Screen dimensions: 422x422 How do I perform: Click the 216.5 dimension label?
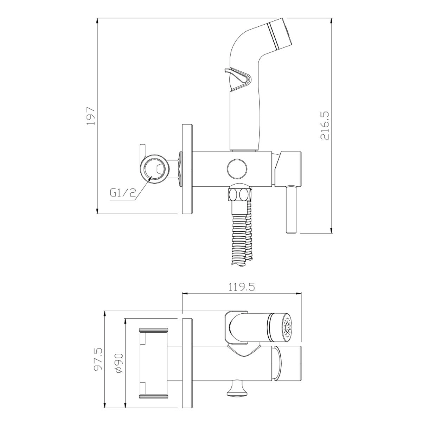pos(325,125)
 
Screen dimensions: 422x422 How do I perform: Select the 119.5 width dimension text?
pos(242,287)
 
